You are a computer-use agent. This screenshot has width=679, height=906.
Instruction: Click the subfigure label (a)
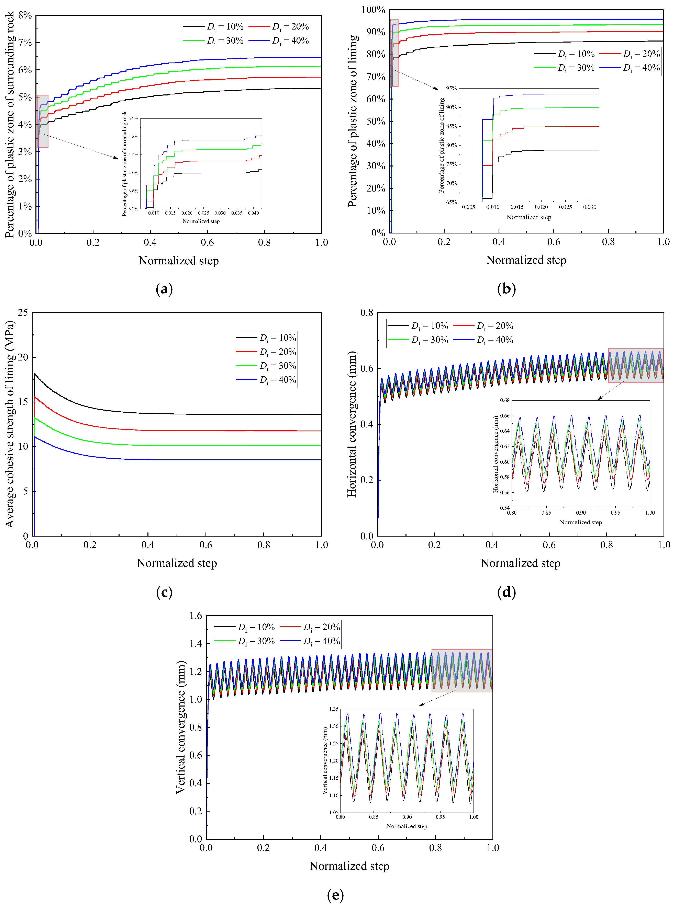164,289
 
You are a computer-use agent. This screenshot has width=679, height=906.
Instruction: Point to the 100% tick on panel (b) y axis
373,9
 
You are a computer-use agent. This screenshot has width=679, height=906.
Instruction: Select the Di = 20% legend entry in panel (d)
483,326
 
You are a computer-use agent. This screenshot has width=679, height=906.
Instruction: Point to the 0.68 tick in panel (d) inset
504,400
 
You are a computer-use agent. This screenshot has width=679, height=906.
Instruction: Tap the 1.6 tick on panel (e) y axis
196,616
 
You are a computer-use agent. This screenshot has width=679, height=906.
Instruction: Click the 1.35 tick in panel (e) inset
334,709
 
